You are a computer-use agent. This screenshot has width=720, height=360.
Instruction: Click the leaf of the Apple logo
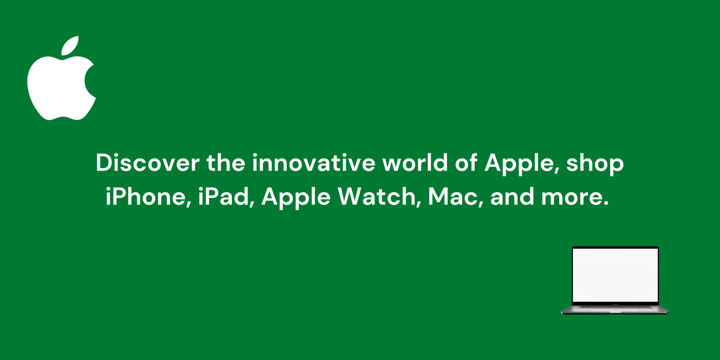coord(70,46)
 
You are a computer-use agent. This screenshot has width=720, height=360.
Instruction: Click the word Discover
coord(148,163)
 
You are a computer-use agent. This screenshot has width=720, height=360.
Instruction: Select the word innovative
coord(313,163)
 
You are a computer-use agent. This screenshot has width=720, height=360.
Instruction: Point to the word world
coord(415,163)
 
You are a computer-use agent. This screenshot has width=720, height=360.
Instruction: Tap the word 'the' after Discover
coord(226,163)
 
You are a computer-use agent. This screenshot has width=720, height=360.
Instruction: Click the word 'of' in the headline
coord(466,163)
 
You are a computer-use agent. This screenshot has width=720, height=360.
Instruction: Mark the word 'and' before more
coord(512,197)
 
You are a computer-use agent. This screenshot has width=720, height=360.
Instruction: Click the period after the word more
coord(606,204)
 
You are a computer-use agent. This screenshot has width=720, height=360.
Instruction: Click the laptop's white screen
coord(615,274)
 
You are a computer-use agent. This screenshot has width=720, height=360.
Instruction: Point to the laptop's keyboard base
coord(615,309)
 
